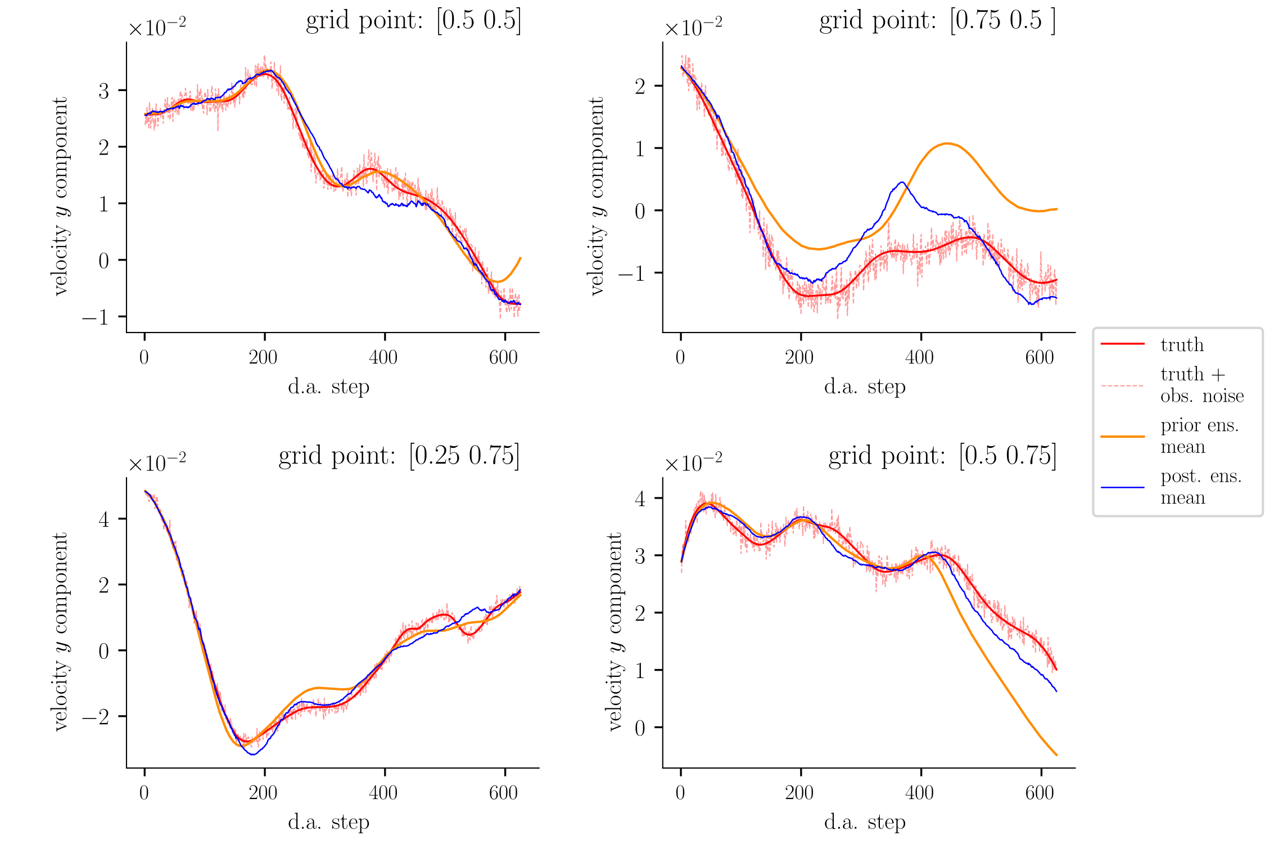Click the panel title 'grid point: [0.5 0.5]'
413,21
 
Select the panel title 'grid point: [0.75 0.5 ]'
937,21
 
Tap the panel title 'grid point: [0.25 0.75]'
399,456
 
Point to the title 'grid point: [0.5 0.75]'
942,456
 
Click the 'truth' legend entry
1182,344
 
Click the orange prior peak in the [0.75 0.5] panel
947,143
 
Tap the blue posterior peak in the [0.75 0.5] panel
902,182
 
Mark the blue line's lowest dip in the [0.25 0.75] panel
253,754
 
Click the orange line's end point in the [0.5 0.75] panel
1056,755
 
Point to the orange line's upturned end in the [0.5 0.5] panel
520,258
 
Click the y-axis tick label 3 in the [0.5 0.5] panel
104,91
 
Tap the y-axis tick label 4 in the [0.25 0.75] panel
104,519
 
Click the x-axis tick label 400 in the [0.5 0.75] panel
920,793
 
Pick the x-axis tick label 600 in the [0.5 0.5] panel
504,357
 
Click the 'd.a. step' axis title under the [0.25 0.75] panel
329,822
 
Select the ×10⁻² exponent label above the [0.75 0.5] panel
693,26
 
